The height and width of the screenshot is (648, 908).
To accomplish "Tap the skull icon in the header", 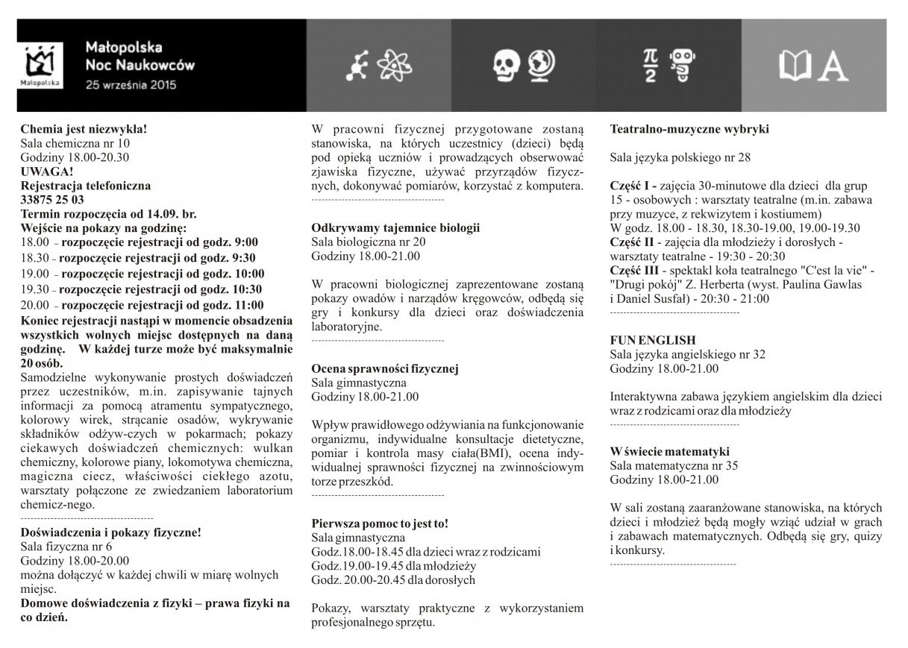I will tap(507, 66).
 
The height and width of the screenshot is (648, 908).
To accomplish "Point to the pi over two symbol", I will tap(651, 66).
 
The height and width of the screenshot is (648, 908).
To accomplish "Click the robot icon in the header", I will tap(680, 66).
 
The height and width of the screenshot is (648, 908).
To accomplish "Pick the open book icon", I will tap(796, 66).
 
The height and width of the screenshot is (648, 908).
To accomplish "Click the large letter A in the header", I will tap(833, 66).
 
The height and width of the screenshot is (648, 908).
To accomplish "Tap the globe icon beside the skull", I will tap(540, 66).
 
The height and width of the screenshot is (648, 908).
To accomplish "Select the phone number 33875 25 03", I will tap(52, 200).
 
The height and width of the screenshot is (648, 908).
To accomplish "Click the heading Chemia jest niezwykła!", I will tap(84, 128).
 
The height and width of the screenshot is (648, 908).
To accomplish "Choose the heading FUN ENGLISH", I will tap(652, 340).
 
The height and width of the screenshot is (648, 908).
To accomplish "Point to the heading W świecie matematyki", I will tap(669, 451).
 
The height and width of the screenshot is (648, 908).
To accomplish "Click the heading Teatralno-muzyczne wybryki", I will tap(689, 129).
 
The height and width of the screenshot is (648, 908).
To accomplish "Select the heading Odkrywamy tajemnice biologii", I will tap(395, 227).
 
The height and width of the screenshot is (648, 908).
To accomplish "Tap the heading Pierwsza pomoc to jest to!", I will tap(380, 523).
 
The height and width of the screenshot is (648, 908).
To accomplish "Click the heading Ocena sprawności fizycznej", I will tap(384, 368).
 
